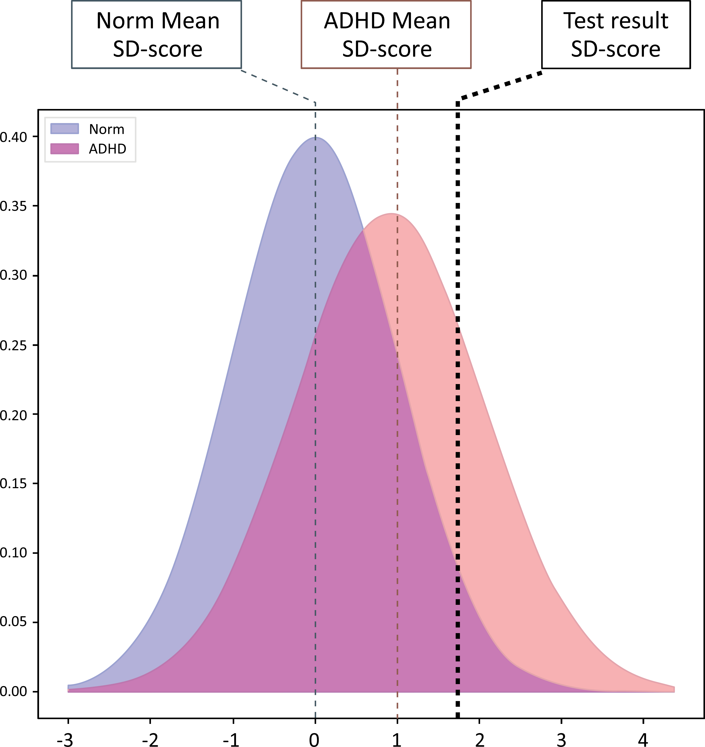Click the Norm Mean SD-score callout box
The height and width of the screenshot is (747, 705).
tap(156, 35)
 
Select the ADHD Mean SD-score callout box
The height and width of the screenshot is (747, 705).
tap(386, 35)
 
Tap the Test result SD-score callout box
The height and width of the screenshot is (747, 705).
tap(616, 35)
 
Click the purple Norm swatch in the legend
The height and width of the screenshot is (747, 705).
tap(65, 129)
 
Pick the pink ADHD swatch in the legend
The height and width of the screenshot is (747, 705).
tap(65, 149)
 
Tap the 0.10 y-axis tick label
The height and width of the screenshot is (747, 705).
tap(13, 553)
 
